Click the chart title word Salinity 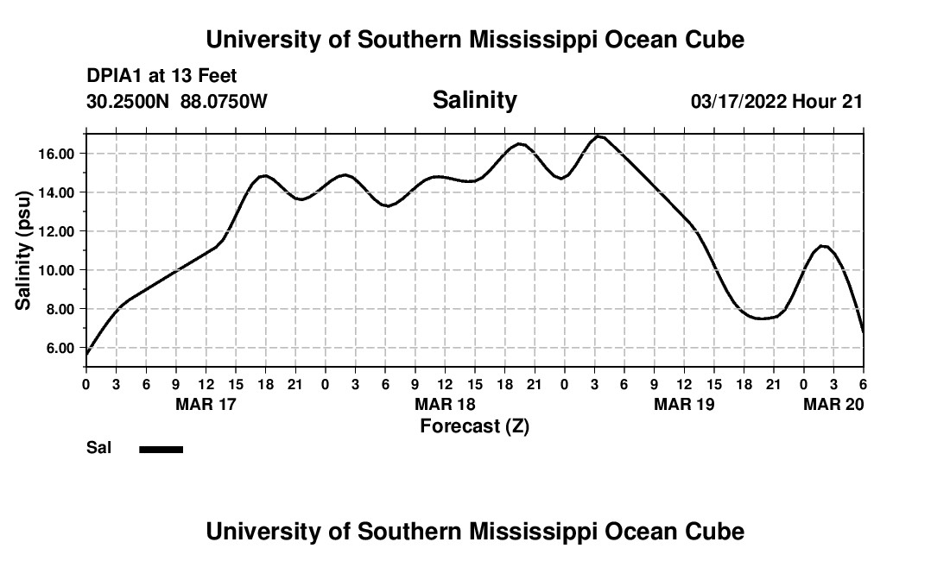tap(474, 100)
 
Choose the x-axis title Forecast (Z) tap(474, 426)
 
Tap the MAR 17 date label tap(206, 405)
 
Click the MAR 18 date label tap(445, 405)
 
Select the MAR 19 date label tap(684, 405)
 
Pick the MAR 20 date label tap(833, 405)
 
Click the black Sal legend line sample tap(161, 449)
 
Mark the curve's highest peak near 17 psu tap(598, 136)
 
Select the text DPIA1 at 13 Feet tap(161, 76)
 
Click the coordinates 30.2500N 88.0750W tap(177, 101)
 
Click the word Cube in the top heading tap(714, 40)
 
